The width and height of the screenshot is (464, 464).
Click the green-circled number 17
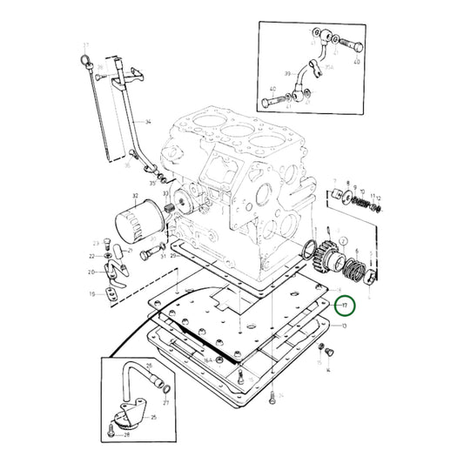click(345, 306)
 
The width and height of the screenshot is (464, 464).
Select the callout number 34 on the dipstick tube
click(148, 123)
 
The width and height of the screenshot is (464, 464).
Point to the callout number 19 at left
click(91, 294)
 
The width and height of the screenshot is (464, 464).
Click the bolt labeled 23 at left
click(106, 243)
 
